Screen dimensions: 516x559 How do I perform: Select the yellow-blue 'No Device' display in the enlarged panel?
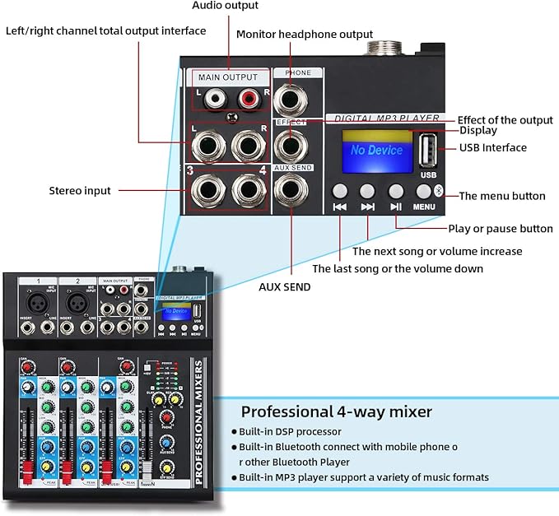click(x=376, y=150)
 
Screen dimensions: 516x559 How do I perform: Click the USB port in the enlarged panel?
click(x=427, y=151)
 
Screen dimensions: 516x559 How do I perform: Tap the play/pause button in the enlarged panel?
click(x=396, y=191)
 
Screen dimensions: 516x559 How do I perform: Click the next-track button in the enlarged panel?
click(x=367, y=191)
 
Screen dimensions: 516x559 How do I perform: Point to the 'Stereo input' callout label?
click(x=80, y=191)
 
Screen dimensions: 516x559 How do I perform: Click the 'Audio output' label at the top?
click(x=225, y=6)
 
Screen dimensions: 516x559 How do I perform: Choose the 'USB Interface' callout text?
click(x=493, y=148)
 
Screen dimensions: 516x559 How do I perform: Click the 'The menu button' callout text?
click(x=501, y=196)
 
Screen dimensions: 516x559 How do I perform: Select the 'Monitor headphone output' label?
click(x=304, y=34)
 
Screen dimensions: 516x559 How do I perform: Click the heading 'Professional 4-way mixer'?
click(x=336, y=411)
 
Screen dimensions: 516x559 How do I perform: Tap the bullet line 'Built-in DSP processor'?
click(x=290, y=431)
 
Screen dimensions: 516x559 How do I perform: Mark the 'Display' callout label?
click(x=478, y=130)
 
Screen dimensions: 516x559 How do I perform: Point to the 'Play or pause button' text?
click(x=500, y=229)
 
